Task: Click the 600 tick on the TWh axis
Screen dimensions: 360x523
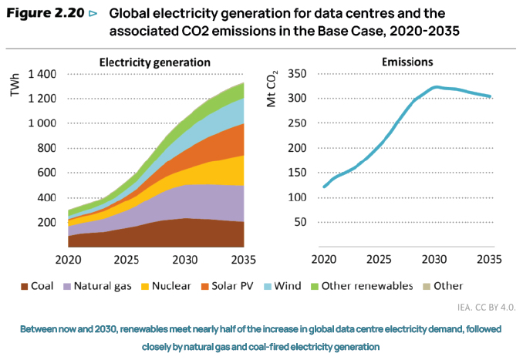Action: (x=47, y=173)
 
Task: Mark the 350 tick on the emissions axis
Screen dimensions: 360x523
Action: (x=296, y=74)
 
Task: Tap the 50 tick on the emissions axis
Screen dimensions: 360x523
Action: (x=299, y=222)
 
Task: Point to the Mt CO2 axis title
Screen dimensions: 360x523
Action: (x=272, y=91)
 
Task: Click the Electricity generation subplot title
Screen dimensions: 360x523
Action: (x=155, y=61)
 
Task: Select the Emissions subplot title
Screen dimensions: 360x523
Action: (x=407, y=61)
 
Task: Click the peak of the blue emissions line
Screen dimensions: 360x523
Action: (x=437, y=87)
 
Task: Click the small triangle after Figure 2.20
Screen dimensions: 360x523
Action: (x=93, y=14)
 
